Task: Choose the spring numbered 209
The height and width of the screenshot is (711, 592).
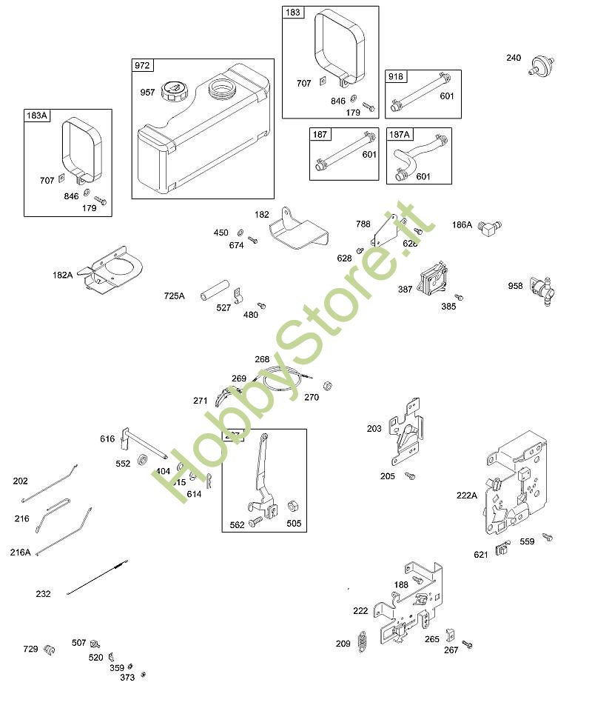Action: tap(363, 641)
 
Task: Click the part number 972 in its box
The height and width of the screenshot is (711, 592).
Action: tap(142, 66)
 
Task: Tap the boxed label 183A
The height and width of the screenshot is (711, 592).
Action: tap(37, 116)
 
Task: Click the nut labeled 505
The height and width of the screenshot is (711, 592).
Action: tap(292, 504)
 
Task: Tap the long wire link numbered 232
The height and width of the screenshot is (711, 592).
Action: tap(97, 580)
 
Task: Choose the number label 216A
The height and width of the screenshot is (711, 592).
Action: tap(21, 552)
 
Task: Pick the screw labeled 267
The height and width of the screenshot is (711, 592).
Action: tap(467, 645)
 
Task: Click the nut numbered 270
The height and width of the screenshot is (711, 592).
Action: tap(328, 384)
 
